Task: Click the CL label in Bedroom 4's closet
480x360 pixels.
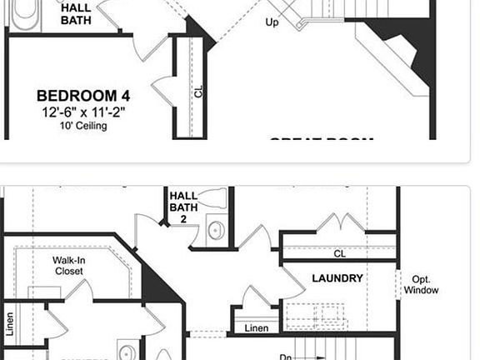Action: click(x=198, y=92)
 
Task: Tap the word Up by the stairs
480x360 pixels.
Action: click(x=272, y=22)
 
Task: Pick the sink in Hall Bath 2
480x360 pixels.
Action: click(x=216, y=231)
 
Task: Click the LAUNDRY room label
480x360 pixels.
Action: click(x=337, y=278)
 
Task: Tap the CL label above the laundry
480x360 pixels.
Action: click(x=339, y=253)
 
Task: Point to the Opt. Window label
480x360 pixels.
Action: click(x=420, y=284)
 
